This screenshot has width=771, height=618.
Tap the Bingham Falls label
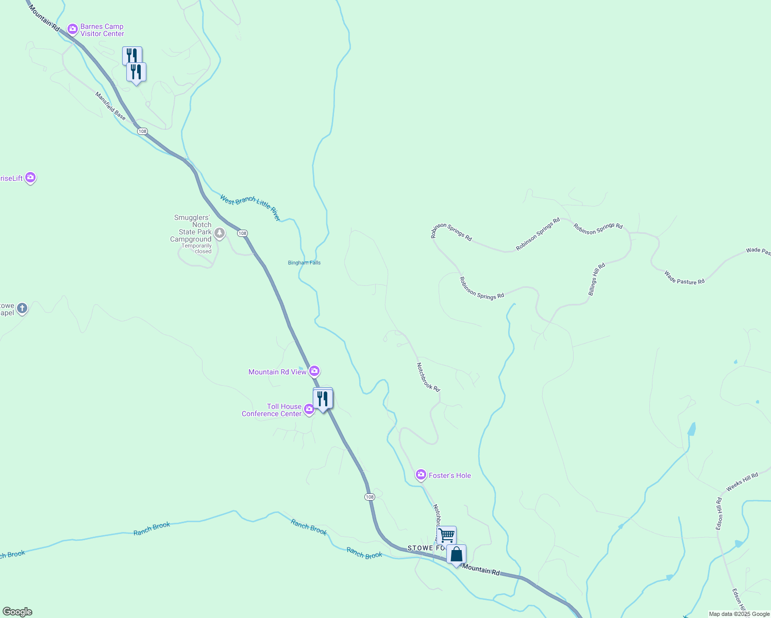(304, 263)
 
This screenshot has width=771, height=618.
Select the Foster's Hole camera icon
(421, 475)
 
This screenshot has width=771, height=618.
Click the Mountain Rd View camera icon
(314, 371)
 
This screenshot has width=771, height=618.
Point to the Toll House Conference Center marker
(309, 409)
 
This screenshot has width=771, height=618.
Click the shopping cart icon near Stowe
(446, 535)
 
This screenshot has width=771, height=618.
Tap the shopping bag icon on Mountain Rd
(457, 555)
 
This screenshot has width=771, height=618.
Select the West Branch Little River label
(250, 208)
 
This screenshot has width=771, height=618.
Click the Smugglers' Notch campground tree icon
(220, 233)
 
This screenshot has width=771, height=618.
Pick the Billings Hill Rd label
(597, 279)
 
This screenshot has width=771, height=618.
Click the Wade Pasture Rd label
(684, 278)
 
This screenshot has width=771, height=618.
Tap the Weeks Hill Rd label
(742, 482)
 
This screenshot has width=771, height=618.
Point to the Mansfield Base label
(110, 106)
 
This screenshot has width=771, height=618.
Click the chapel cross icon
(22, 308)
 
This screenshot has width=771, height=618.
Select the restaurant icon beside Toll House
(323, 399)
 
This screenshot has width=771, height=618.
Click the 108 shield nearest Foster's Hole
(370, 497)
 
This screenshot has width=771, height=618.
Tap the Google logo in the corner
(18, 612)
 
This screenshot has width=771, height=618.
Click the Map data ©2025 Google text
(739, 614)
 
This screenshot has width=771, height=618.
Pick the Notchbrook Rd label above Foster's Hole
(428, 377)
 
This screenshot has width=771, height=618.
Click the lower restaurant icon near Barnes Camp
(137, 72)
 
